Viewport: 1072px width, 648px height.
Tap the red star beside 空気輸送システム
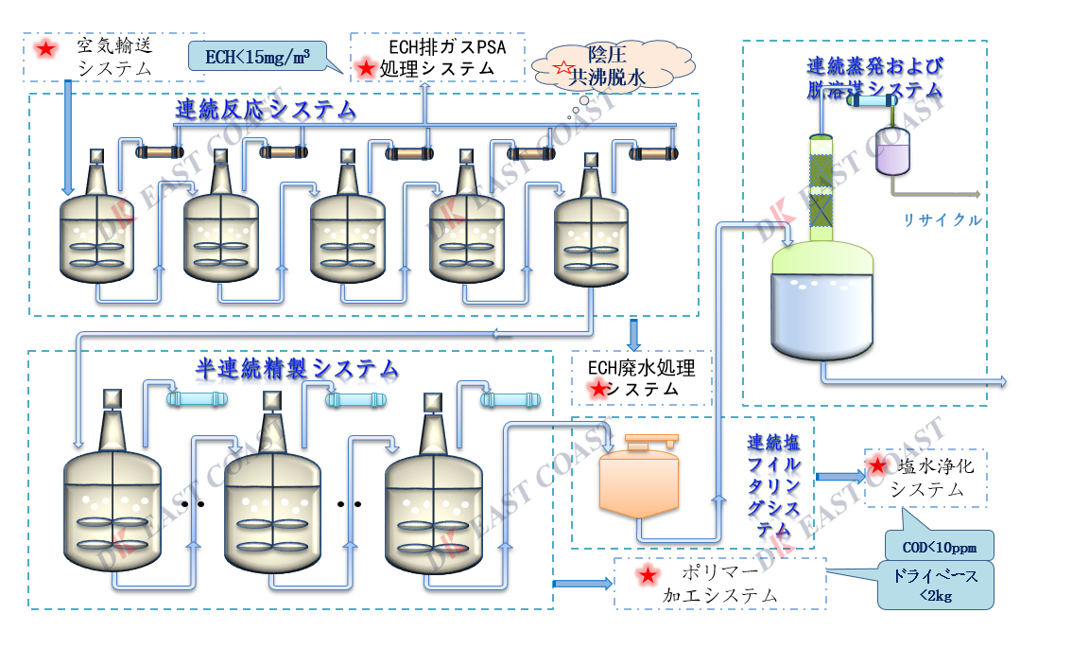tap(43, 47)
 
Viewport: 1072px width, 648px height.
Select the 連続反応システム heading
tap(266, 110)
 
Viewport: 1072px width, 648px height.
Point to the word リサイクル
tap(942, 220)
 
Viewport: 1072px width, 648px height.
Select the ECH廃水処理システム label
tap(643, 378)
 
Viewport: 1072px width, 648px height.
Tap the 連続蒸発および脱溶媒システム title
tap(873, 78)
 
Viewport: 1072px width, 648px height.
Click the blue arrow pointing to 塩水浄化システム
tap(836, 477)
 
